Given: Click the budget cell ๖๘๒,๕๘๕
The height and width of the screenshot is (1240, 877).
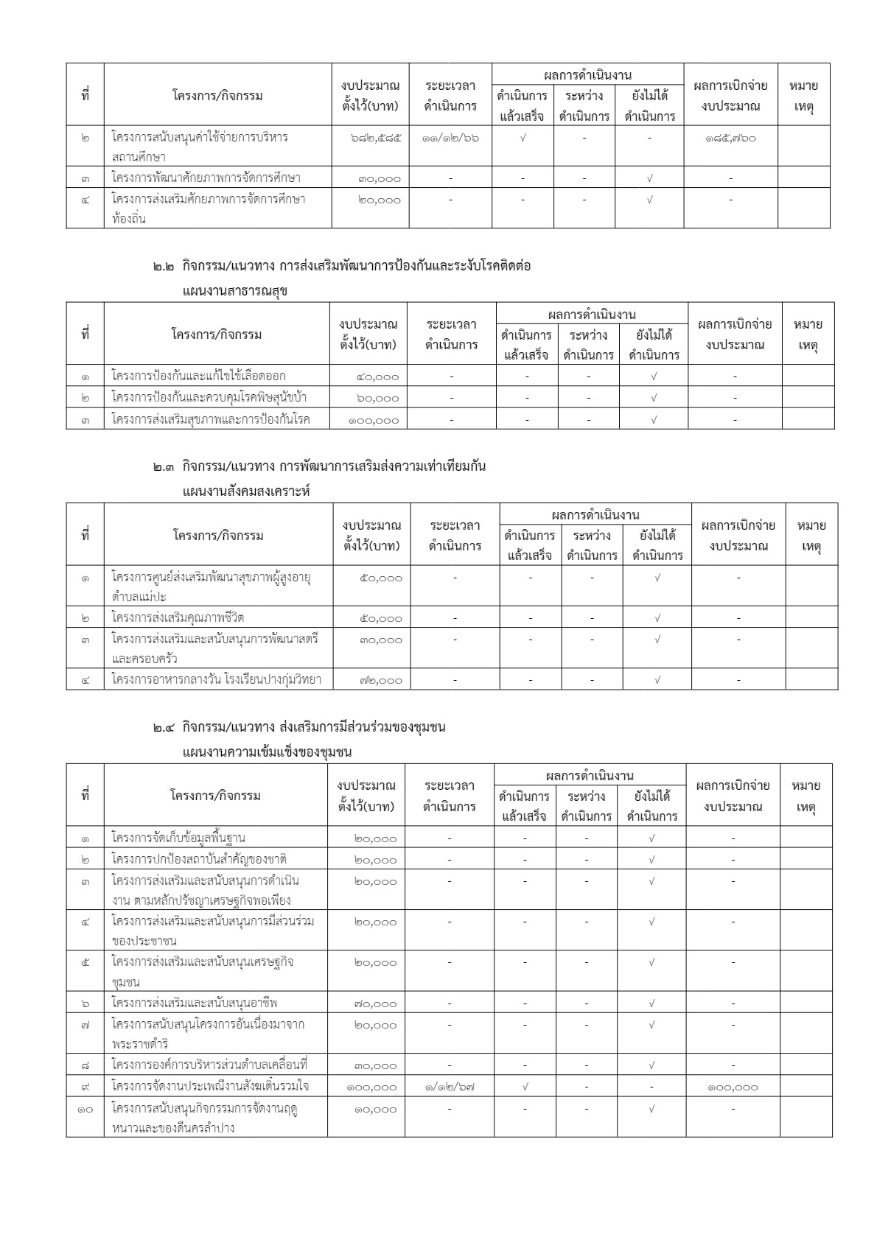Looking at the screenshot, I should (x=376, y=137).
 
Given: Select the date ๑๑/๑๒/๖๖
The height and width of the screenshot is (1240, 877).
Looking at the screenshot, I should (x=450, y=137).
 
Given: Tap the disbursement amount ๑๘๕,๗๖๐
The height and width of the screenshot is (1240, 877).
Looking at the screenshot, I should (x=730, y=137).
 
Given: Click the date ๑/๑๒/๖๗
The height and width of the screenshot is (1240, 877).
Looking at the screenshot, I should (x=449, y=1087).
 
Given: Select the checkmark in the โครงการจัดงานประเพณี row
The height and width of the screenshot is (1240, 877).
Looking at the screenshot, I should (x=525, y=1087).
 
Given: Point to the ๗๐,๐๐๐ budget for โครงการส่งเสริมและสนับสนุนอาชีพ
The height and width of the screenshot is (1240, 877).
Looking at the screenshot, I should (x=375, y=1003).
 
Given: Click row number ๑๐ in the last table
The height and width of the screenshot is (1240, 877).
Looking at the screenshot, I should (x=85, y=1108).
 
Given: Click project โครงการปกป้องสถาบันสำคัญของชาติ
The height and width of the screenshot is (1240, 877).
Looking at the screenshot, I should (x=199, y=859).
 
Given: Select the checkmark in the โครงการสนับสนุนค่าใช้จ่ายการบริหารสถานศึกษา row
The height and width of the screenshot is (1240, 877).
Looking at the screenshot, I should (x=523, y=137).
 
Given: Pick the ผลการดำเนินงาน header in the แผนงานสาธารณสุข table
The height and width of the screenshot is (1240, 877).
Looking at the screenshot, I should (x=592, y=315).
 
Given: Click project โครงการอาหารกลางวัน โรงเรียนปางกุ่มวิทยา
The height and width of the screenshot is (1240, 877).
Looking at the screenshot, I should (x=217, y=680).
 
